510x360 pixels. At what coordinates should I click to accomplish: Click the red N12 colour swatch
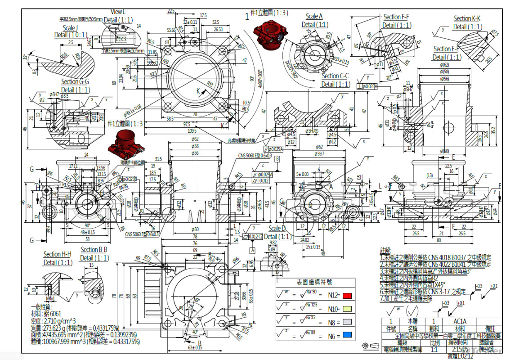346,296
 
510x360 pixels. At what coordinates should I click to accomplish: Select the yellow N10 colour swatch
346,310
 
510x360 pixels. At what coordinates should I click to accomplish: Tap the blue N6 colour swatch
346,335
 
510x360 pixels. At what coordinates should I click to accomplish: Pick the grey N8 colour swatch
346,322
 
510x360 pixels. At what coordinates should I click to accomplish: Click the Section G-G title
75,81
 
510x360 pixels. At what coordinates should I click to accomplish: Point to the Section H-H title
58,255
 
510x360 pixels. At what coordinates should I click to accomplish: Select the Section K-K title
467,18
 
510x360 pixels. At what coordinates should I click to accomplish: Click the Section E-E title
446,49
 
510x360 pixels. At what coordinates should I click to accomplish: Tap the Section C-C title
336,76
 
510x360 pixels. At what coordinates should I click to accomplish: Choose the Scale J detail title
69,28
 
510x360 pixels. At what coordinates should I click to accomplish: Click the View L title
118,12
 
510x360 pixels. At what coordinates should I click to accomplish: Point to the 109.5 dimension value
193,130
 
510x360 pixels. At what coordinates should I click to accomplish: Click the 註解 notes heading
385,250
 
